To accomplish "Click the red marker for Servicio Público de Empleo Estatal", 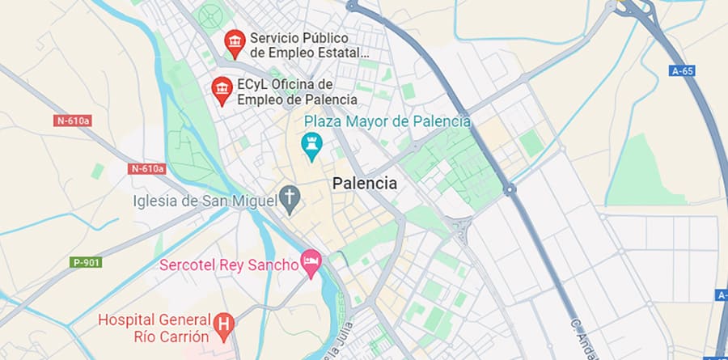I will tap(235, 43).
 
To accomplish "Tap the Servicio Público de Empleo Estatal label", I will tap(310, 45).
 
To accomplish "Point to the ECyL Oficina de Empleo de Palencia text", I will tap(297, 91).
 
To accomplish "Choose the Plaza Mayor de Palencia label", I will tap(387, 121).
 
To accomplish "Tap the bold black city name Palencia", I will tap(365, 184).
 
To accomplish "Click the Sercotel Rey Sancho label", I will tap(229, 265).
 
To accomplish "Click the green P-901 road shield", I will tap(86, 262).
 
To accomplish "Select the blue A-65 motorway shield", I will tap(683, 71).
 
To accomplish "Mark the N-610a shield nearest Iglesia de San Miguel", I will tap(146, 169).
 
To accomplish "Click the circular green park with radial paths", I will tap(212, 15).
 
